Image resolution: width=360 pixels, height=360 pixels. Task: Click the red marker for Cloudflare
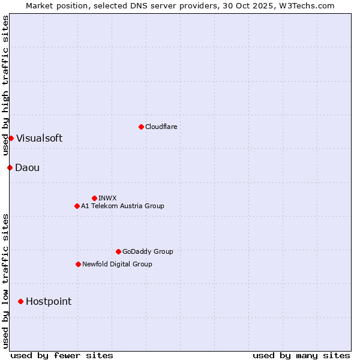(141, 127)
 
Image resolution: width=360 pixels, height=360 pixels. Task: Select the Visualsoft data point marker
(11, 139)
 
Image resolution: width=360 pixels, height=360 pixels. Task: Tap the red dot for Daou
(10, 167)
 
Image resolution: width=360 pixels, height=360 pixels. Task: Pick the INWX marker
(94, 198)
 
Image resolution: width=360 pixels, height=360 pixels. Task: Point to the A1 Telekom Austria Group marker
(77, 206)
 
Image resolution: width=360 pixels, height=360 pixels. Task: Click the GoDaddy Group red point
(118, 251)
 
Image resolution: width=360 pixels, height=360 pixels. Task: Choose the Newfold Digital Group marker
(78, 264)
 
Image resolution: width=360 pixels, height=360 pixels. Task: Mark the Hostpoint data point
(20, 301)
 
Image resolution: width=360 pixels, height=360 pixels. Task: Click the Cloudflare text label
(161, 127)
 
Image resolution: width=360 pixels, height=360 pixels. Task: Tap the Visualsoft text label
(39, 139)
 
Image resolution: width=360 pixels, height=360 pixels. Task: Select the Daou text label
(27, 167)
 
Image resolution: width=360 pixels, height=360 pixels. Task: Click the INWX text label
(107, 198)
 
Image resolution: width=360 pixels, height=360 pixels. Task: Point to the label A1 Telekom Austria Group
(122, 206)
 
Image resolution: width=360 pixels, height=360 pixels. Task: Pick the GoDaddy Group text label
(147, 251)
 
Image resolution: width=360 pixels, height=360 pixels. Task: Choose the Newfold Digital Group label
(117, 264)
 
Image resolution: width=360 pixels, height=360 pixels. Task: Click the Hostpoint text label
(48, 301)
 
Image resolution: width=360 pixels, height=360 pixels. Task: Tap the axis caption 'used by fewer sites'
(62, 355)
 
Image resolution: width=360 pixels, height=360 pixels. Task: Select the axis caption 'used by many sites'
(301, 355)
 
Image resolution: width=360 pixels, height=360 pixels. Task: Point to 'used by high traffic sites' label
(5, 85)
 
